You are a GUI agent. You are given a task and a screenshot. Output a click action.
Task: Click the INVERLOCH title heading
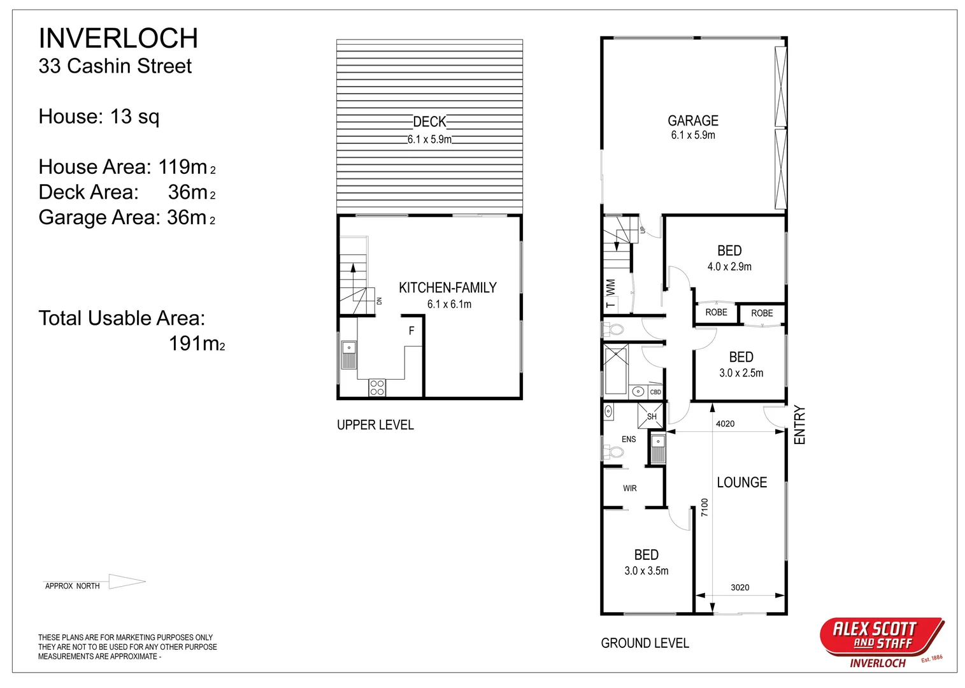(x=118, y=38)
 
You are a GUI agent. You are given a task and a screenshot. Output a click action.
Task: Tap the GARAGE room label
(x=692, y=121)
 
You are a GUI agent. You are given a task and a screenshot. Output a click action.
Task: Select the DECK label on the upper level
(x=429, y=122)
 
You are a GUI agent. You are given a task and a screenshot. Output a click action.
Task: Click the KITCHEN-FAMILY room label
(x=447, y=288)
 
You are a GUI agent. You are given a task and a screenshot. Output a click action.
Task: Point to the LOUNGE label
(x=741, y=483)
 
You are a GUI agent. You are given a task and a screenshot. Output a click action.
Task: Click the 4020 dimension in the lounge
(x=725, y=424)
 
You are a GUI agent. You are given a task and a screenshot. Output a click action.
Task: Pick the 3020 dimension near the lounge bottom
(x=740, y=587)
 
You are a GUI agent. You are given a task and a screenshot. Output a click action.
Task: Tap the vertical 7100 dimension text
(x=704, y=507)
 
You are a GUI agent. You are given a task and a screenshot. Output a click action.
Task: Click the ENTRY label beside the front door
(x=800, y=425)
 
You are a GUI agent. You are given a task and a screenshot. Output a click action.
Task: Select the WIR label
(x=629, y=489)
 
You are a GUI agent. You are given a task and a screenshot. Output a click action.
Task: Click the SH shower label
(x=652, y=417)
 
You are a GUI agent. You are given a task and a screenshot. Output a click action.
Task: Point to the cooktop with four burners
(x=377, y=388)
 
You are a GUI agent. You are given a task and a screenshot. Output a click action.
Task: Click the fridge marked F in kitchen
(x=411, y=331)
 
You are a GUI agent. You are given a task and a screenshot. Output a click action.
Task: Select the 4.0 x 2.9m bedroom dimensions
(x=729, y=267)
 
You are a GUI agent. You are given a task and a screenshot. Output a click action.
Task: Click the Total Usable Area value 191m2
(x=197, y=344)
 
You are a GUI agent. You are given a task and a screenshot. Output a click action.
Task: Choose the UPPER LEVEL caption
(x=375, y=425)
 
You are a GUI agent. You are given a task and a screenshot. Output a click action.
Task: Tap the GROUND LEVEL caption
(x=645, y=643)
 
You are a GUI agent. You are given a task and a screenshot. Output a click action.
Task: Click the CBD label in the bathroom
(x=655, y=392)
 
